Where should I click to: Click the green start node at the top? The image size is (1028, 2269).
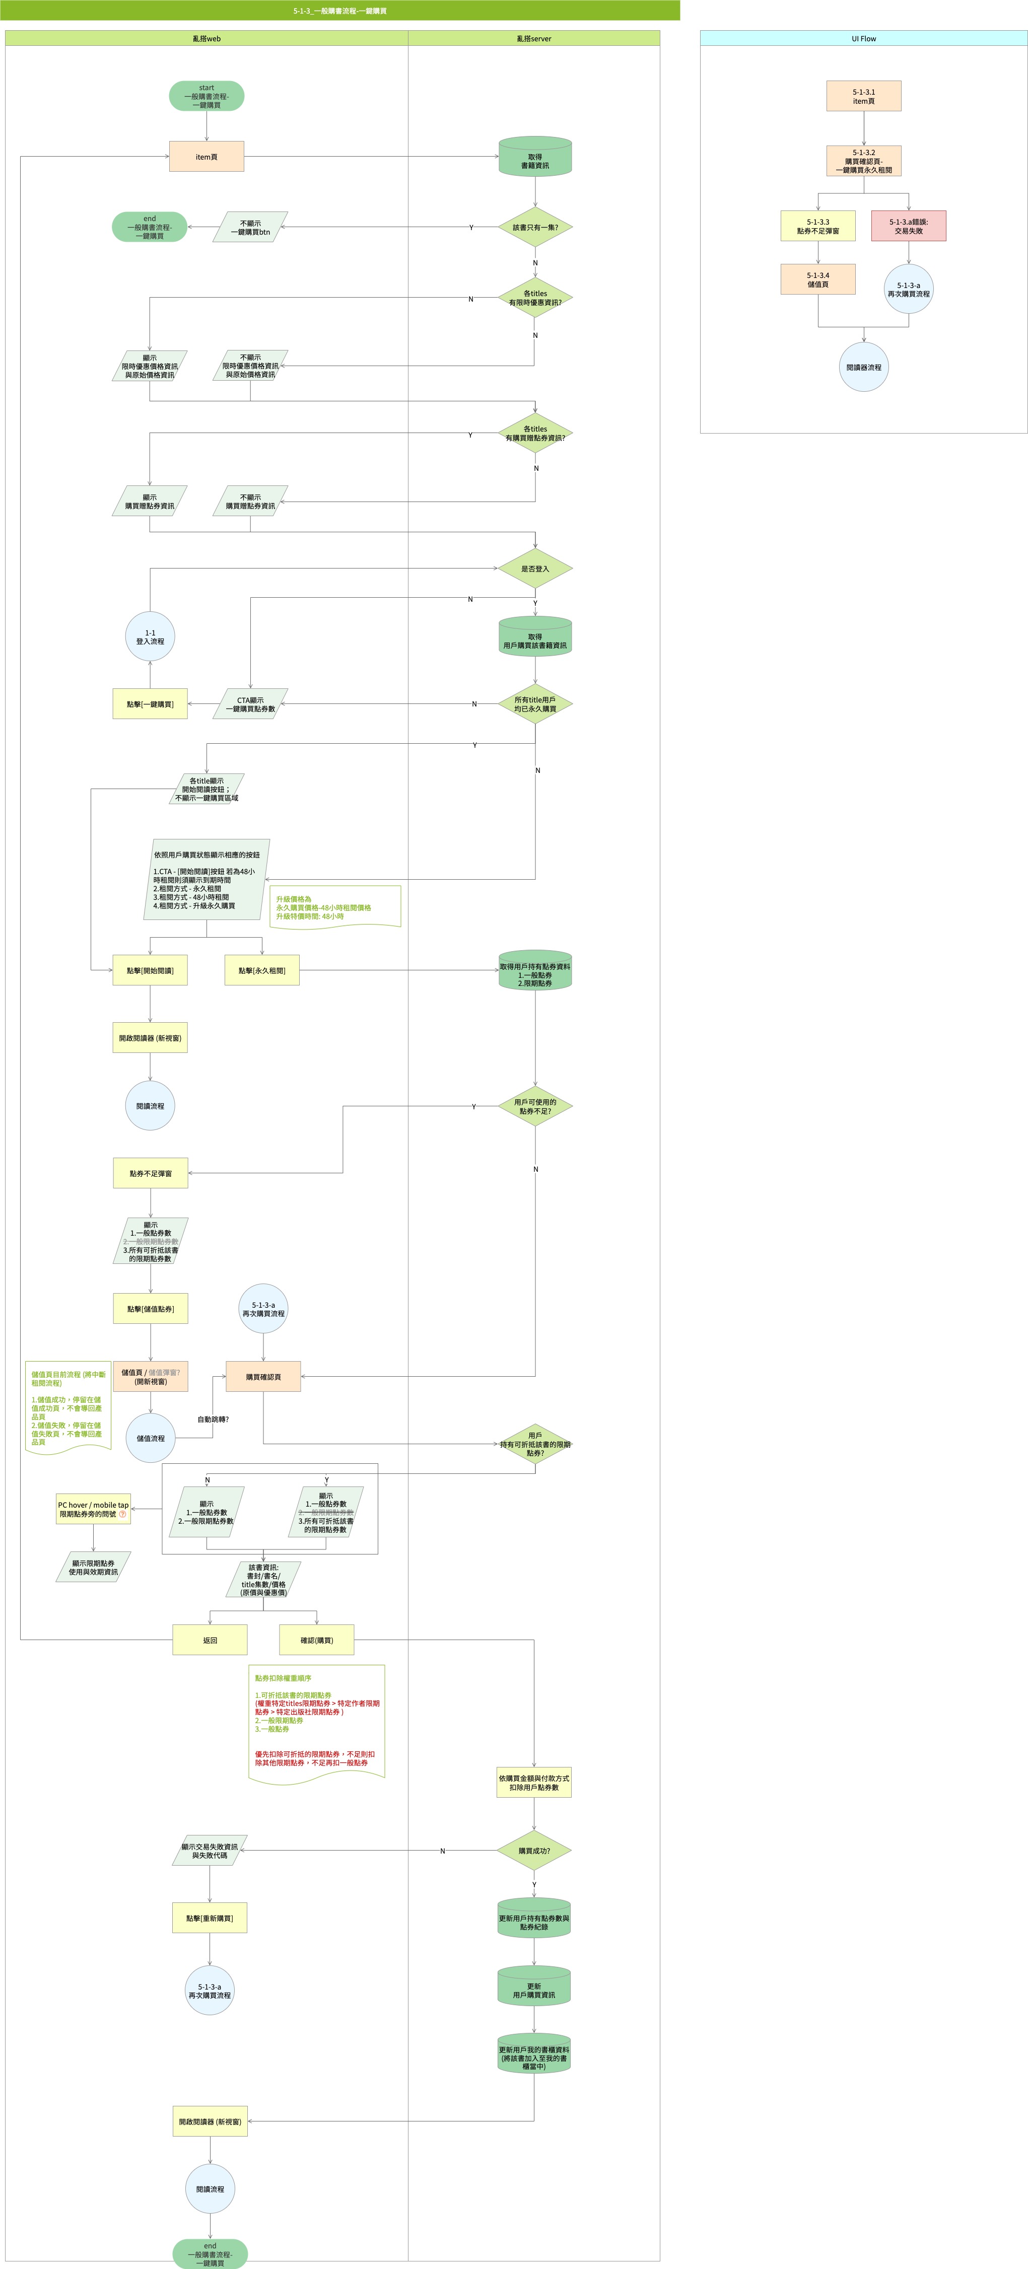pyautogui.click(x=206, y=96)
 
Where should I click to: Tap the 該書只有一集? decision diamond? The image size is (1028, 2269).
pyautogui.click(x=535, y=227)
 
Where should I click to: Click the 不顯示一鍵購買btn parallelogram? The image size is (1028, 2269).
pyautogui.click(x=250, y=227)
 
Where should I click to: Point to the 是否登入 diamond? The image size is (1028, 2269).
pyautogui.click(x=535, y=569)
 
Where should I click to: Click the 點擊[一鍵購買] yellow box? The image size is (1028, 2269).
pyautogui.click(x=150, y=704)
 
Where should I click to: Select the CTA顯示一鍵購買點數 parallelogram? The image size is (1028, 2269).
pyautogui.click(x=250, y=704)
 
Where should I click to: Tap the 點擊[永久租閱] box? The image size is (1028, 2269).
pyautogui.click(x=261, y=971)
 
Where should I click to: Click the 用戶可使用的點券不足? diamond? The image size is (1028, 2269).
pyautogui.click(x=535, y=1106)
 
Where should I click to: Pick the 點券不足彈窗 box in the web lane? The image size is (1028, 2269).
pyautogui.click(x=151, y=1173)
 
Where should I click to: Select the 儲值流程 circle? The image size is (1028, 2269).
pyautogui.click(x=151, y=1438)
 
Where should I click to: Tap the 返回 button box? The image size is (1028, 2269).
pyautogui.click(x=210, y=1640)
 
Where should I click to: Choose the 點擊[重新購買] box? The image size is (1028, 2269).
pyautogui.click(x=210, y=1919)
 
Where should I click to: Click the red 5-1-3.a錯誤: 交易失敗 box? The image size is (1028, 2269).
pyautogui.click(x=908, y=227)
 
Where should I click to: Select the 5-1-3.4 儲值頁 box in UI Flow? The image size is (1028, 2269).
pyautogui.click(x=817, y=279)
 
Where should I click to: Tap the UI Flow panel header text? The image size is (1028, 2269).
pyautogui.click(x=863, y=39)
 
